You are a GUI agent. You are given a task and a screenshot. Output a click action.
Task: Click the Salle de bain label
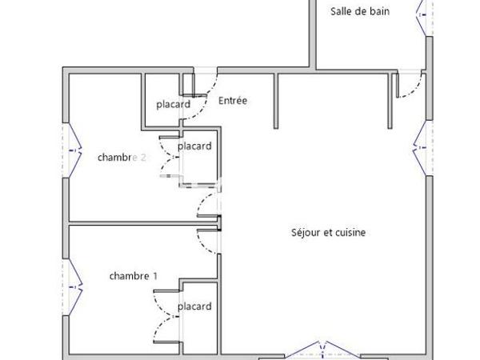tap(360, 11)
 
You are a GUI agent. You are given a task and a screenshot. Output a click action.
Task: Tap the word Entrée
tap(233, 101)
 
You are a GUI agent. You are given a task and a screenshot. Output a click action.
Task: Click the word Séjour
tap(306, 233)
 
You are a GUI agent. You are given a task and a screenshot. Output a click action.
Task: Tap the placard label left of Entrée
tap(173, 104)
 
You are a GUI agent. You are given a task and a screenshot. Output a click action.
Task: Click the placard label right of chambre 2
tap(194, 146)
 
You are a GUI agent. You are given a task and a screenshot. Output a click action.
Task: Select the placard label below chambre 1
tap(194, 306)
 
